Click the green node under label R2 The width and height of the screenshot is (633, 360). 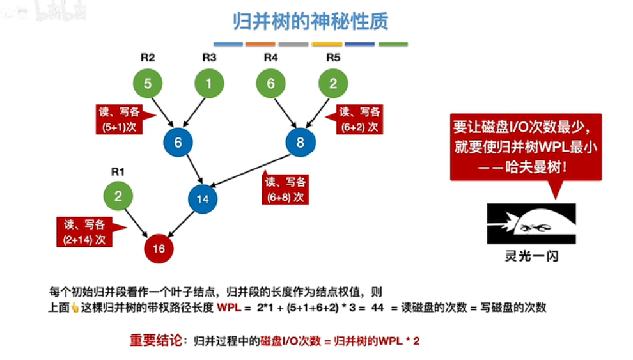pos(148,84)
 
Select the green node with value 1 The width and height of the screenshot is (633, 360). pos(209,84)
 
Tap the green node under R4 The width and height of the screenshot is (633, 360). pos(271,84)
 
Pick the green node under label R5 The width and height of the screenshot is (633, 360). pos(333,84)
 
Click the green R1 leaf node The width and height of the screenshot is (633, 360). pos(118,196)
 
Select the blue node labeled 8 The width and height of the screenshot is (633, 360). pos(301,142)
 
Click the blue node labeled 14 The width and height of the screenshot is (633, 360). pos(203,199)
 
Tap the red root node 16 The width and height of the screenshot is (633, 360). pos(159,249)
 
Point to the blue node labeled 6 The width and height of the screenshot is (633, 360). pos(178,143)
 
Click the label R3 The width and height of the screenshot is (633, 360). pos(209,57)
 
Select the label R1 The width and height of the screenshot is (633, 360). pos(118,171)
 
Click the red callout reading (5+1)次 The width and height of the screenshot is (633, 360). pos(121,118)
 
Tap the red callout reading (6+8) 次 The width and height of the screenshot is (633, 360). pos(286,189)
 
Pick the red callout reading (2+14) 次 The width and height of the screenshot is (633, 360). pos(84,232)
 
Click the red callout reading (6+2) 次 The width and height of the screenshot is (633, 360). pos(360,119)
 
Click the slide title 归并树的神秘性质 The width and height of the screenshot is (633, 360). pos(310,22)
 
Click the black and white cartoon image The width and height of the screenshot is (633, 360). pos(531,223)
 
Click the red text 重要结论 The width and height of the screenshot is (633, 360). pos(155,340)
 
